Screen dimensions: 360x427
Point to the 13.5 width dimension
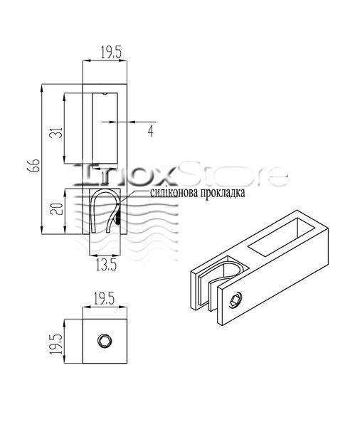coord(106,265)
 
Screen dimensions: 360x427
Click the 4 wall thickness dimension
coord(151,131)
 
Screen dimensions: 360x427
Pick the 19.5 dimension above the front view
coord(111,52)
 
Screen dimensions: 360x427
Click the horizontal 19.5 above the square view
coord(105,299)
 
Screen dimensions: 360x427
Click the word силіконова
coord(174,193)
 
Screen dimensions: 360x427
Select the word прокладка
coord(223,193)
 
